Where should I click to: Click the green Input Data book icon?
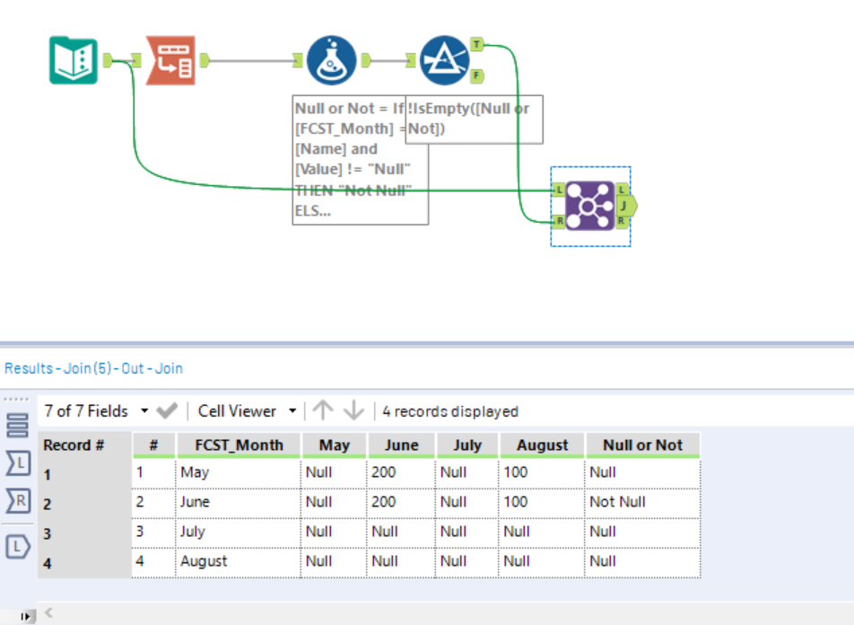tap(73, 60)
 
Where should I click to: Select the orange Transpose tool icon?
tap(170, 60)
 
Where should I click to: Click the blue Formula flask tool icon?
tap(332, 60)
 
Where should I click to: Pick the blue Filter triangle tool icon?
tap(444, 60)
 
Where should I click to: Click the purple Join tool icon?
tap(590, 206)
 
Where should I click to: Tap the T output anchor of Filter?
tap(476, 43)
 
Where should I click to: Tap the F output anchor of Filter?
tap(476, 75)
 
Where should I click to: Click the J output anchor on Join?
tap(626, 206)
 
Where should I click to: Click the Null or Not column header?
tap(642, 445)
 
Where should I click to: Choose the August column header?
tap(542, 445)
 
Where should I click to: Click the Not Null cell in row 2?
tap(617, 502)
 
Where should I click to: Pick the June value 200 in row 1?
tap(384, 472)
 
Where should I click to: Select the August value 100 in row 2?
tap(516, 502)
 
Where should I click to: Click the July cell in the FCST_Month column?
tap(193, 532)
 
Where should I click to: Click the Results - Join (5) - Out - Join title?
tap(94, 368)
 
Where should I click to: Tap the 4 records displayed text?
tap(450, 411)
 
